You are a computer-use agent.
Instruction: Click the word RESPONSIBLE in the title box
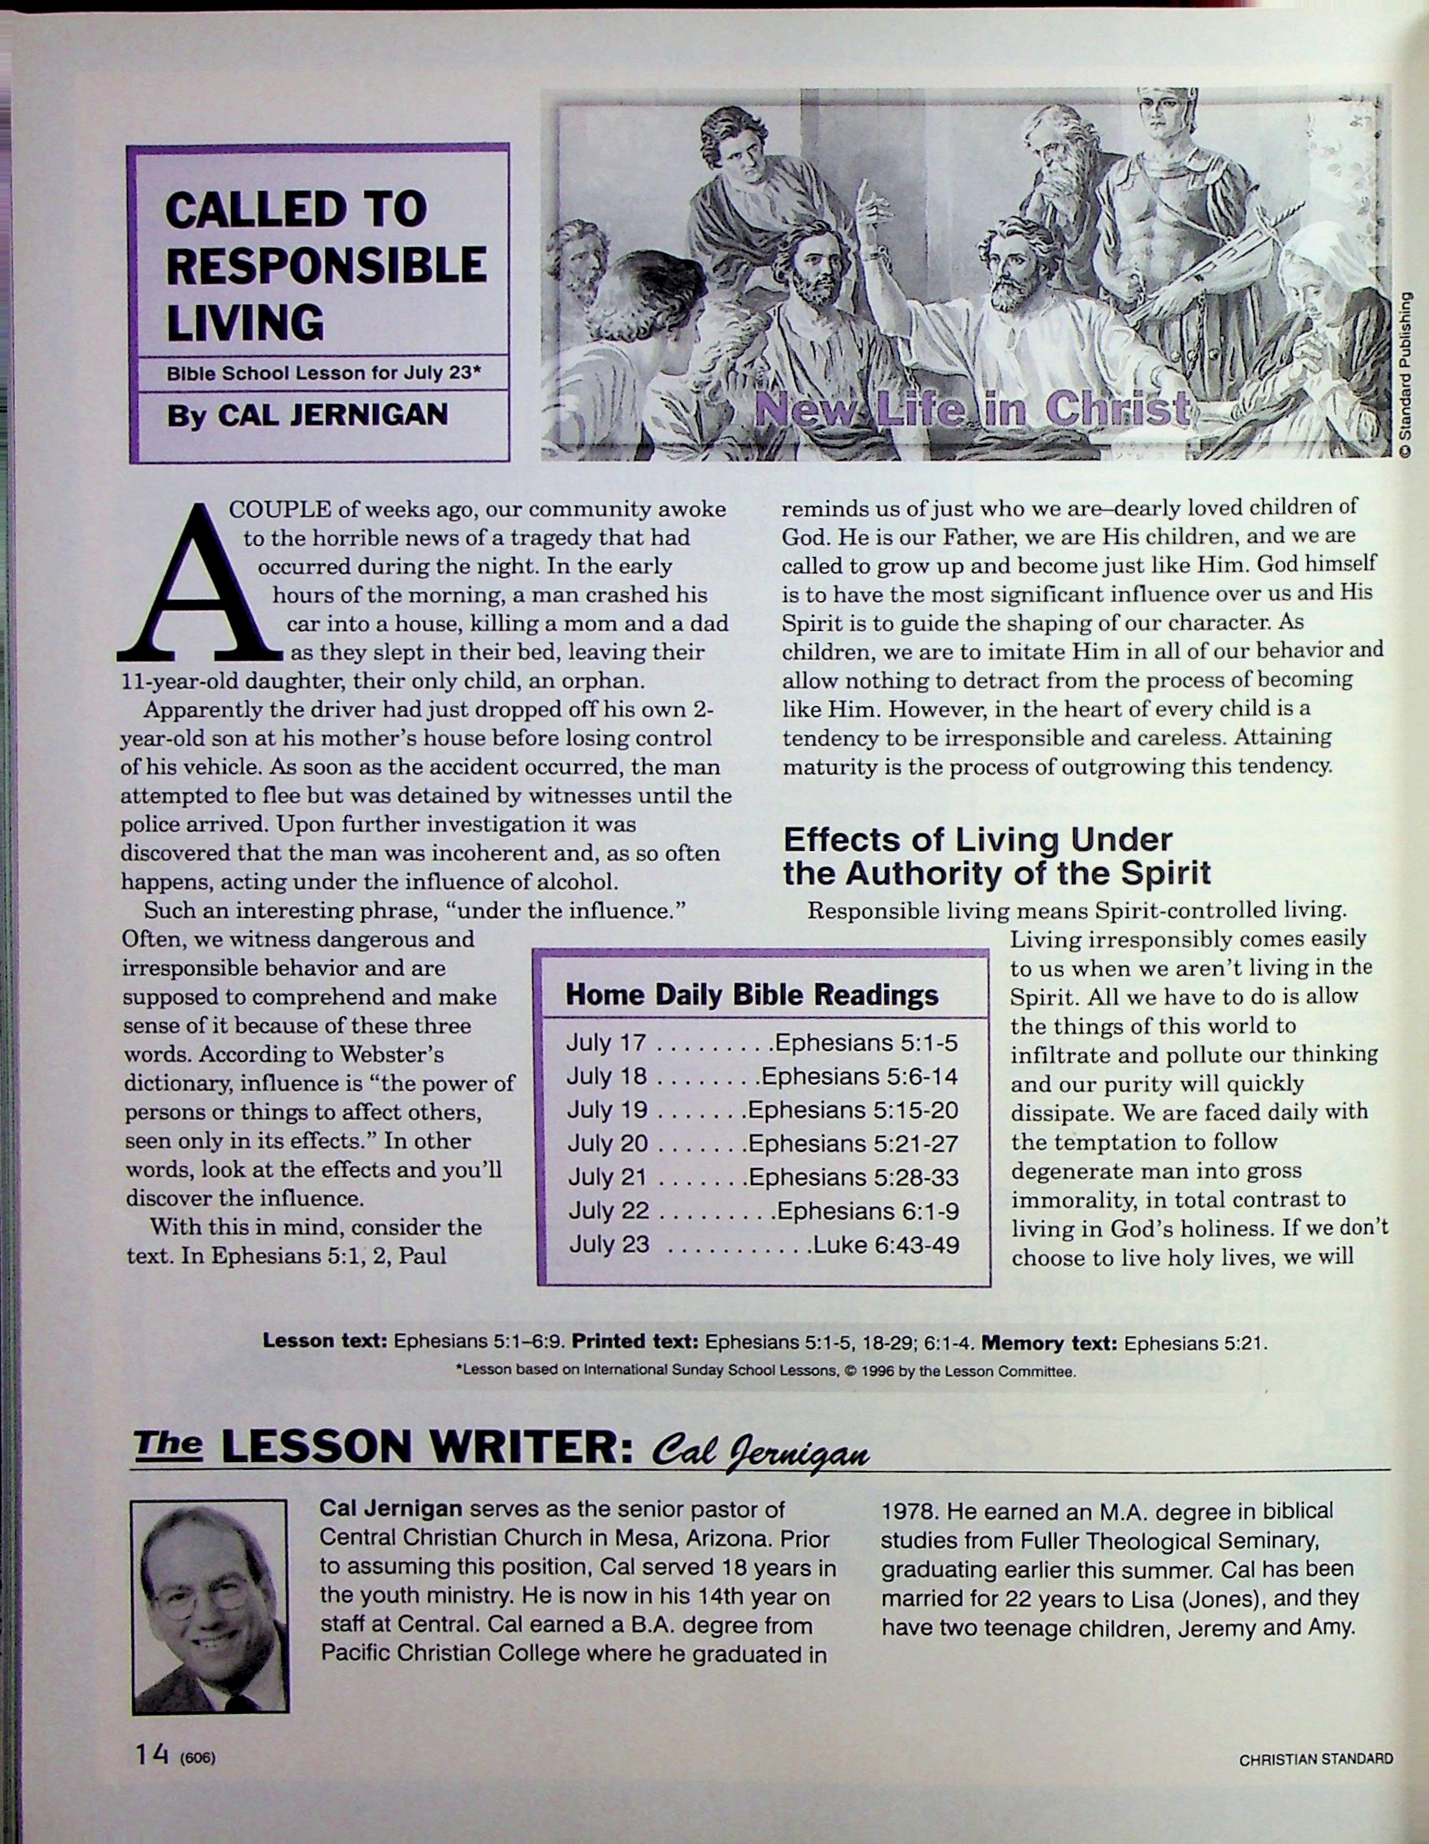tap(327, 265)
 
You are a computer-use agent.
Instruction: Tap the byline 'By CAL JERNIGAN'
tap(307, 415)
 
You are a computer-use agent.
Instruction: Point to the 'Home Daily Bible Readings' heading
tap(752, 995)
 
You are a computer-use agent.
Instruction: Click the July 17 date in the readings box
tap(606, 1043)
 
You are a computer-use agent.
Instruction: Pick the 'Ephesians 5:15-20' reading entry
tap(853, 1109)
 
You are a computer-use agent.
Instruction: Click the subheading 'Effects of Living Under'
tap(978, 839)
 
